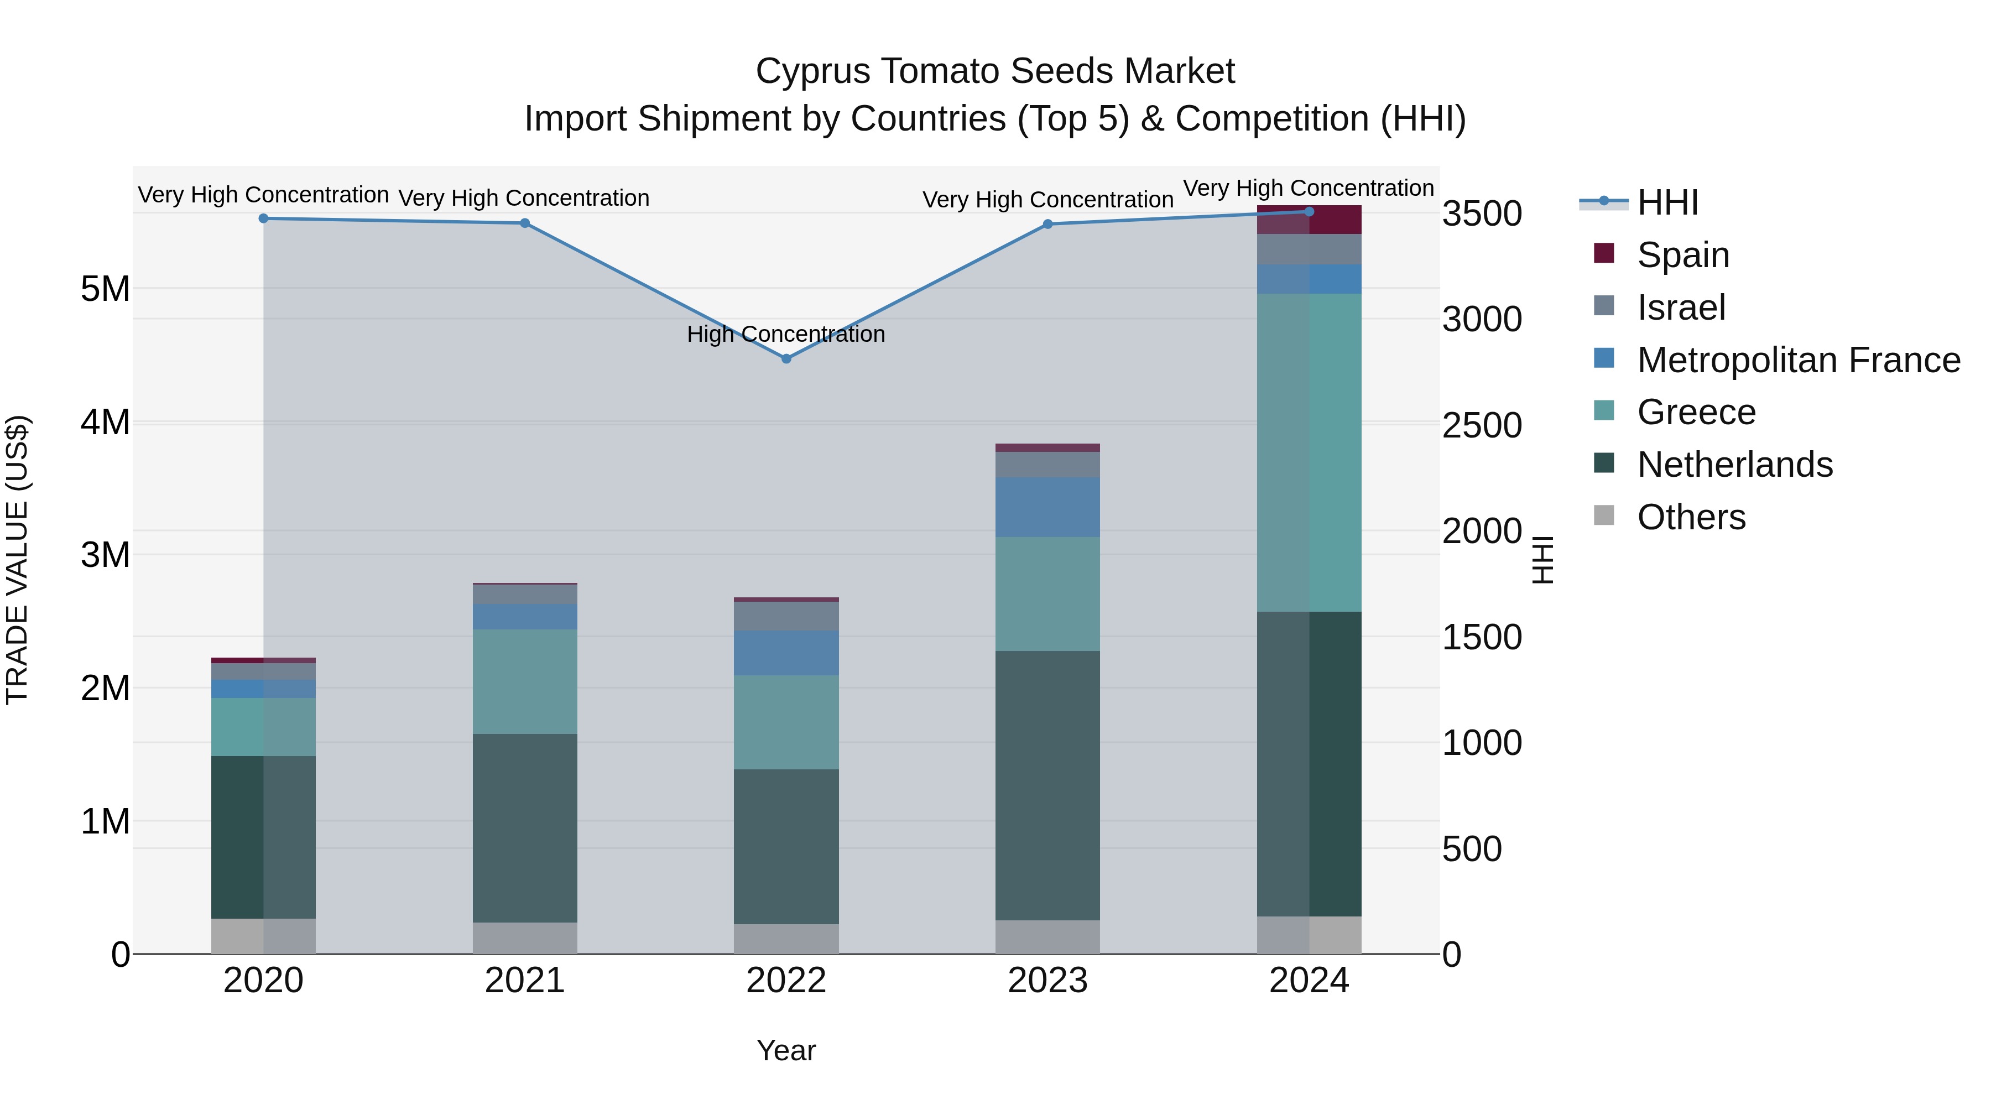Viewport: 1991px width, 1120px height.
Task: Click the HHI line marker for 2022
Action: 786,358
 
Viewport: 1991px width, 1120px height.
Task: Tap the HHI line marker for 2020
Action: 264,218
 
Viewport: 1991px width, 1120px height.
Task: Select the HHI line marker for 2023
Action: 1047,224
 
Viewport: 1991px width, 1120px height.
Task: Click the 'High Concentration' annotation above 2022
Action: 785,335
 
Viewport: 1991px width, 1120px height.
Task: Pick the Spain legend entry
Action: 1682,255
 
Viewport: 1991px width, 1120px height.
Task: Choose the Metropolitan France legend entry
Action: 1798,360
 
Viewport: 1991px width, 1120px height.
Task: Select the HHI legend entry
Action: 1666,202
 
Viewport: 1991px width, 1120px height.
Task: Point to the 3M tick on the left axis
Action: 105,555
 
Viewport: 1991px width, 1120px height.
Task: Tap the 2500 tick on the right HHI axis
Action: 1482,426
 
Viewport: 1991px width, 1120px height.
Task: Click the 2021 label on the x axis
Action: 525,981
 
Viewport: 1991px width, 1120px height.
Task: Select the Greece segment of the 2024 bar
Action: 1309,452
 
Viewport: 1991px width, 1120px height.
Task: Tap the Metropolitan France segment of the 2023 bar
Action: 1047,507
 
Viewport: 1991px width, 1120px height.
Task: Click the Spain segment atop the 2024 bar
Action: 1309,220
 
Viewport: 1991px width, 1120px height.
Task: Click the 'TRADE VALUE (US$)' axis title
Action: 18,560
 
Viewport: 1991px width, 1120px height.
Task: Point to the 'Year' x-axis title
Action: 786,1050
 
